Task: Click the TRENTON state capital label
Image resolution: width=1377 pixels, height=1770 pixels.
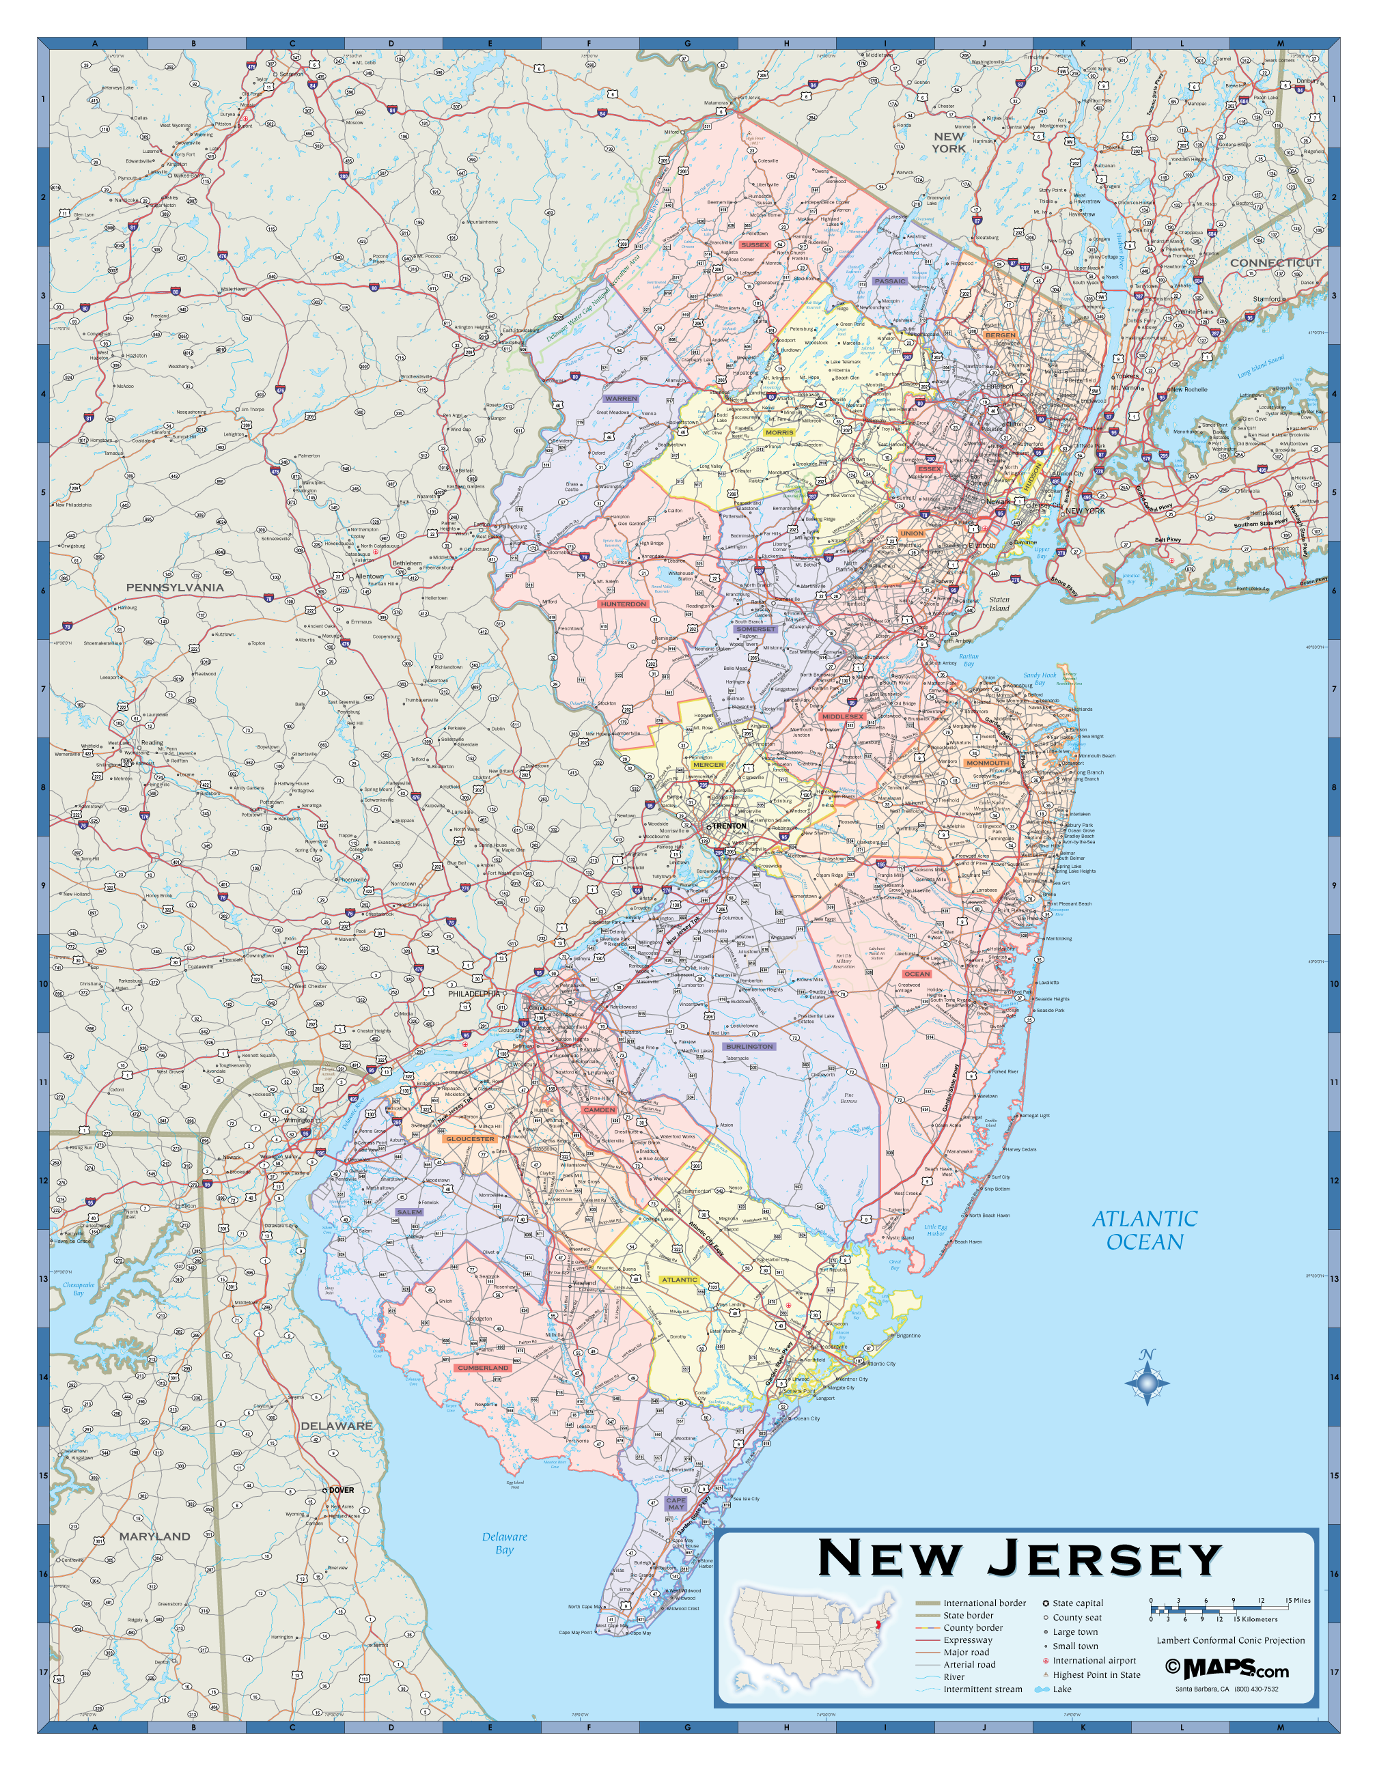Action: [x=728, y=826]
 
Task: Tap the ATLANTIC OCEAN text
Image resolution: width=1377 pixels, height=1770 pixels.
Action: [x=1143, y=1231]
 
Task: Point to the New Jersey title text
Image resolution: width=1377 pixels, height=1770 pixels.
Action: [x=1019, y=1558]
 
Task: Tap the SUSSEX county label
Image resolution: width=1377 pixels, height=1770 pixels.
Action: [x=755, y=244]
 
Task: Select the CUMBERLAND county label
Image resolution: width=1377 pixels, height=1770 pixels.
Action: [x=483, y=1367]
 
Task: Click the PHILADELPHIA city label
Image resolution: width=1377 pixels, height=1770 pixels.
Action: [x=474, y=994]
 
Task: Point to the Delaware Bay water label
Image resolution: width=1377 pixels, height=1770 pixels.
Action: [x=504, y=1543]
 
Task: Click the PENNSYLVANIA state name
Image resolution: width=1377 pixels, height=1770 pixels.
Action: [x=174, y=587]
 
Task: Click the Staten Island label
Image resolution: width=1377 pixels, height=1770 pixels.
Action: [x=999, y=604]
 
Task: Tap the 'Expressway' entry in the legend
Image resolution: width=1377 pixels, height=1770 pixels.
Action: [x=967, y=1640]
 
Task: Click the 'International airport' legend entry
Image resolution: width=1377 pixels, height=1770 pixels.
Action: [x=1094, y=1661]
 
